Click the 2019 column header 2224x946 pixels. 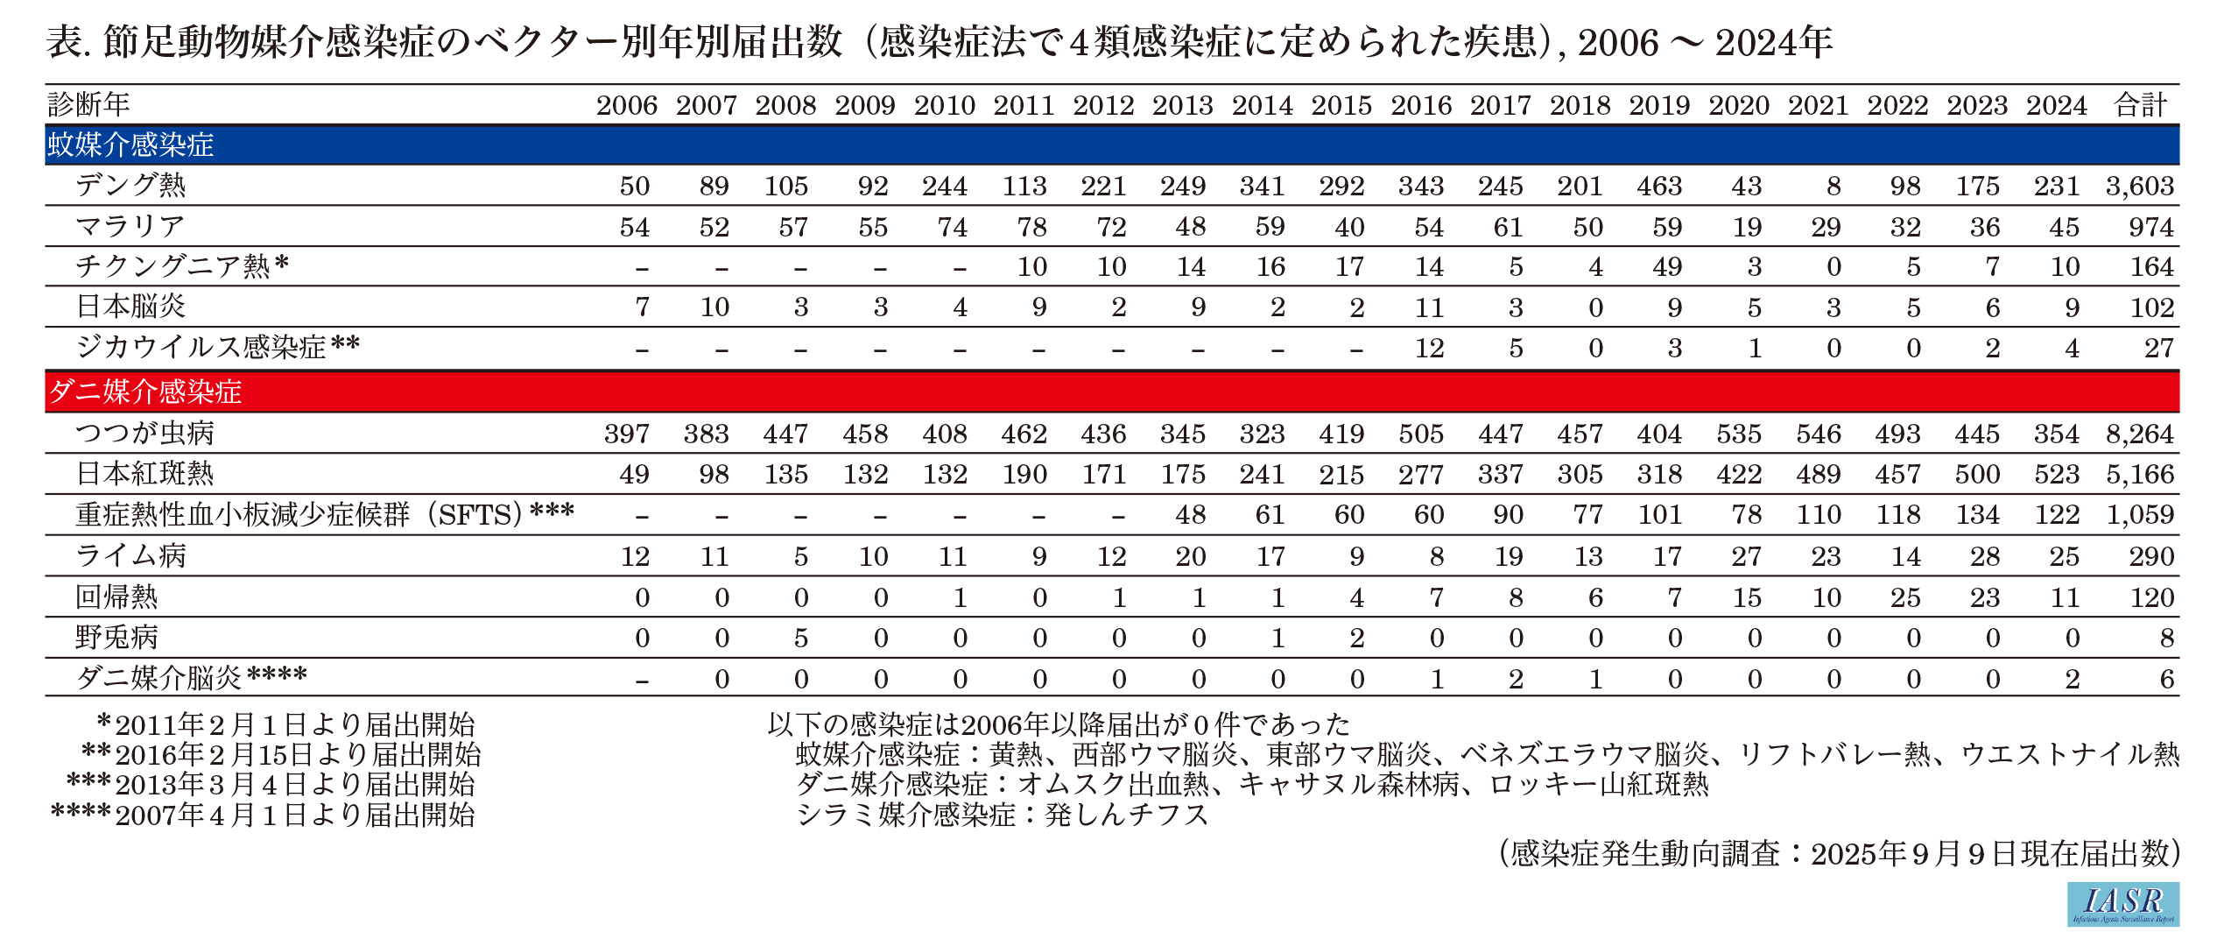pos(1659,105)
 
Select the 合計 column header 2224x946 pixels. pos(2140,105)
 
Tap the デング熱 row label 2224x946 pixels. pos(130,185)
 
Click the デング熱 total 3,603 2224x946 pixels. pos(2140,186)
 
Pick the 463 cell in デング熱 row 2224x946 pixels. pos(1659,186)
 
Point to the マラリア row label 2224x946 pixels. pos(130,226)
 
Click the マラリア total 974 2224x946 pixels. pos(2150,227)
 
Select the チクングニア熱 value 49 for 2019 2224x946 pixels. pos(1667,266)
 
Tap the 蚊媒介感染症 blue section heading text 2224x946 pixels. pos(130,145)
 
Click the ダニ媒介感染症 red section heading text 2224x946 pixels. pos(145,391)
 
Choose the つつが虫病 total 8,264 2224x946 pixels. pos(2140,434)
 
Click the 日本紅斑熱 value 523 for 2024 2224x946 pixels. pos(2056,474)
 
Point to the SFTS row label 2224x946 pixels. pos(324,514)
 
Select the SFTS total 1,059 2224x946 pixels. pos(2140,514)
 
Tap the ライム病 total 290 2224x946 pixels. pos(2150,556)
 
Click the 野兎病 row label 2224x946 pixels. pos(116,637)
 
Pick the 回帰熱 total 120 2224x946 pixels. pos(2150,597)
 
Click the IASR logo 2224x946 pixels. pos(2122,903)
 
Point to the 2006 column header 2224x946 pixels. pos(627,105)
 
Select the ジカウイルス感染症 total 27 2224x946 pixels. pos(2158,348)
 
